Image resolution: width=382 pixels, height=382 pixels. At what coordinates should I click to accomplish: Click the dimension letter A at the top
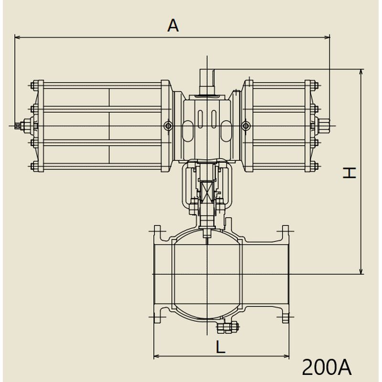(173, 26)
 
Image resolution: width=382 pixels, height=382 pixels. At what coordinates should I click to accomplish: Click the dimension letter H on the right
(350, 173)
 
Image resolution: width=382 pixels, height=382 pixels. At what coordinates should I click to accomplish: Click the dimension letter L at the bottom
(221, 347)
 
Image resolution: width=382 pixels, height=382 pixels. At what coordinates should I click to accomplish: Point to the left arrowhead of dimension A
(18, 38)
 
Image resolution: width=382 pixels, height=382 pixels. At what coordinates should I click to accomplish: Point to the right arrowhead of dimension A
(327, 38)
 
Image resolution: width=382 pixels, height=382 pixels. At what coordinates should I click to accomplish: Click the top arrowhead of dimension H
(361, 72)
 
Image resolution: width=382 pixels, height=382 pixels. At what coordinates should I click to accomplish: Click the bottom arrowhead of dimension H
(361, 271)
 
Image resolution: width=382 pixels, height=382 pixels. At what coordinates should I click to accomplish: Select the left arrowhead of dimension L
(157, 356)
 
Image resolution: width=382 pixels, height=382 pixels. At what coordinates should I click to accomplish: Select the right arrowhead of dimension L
(286, 356)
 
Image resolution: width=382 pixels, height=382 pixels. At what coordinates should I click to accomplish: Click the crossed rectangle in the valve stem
(207, 191)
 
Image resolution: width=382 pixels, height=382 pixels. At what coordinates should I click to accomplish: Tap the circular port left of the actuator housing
(169, 126)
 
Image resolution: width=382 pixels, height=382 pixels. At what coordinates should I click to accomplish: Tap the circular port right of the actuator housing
(246, 126)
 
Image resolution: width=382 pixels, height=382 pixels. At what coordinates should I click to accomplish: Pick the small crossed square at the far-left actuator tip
(17, 126)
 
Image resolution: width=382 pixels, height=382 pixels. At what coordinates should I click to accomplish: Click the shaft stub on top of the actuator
(207, 82)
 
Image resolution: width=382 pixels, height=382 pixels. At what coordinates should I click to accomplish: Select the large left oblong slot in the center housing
(188, 131)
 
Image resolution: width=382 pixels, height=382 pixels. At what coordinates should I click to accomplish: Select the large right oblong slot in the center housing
(226, 131)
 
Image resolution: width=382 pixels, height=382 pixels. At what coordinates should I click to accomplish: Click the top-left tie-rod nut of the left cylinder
(34, 86)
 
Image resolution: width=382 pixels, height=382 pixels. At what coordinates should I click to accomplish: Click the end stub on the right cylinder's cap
(324, 126)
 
